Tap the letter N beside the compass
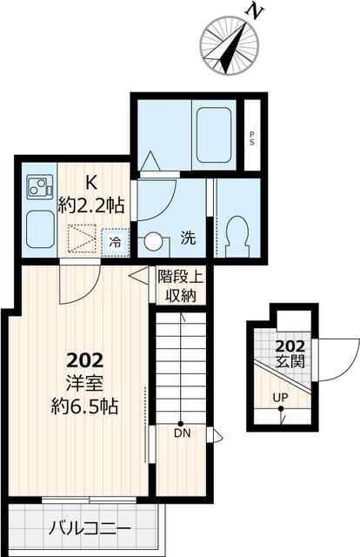pos(255,11)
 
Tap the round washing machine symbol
pos(155,243)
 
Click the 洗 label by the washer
pos(188,235)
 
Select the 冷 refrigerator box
pos(115,243)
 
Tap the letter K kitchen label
pos(90,184)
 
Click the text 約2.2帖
pos(90,207)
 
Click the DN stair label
pos(181,433)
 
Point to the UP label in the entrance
pos(281,399)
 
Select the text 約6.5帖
pos(84,406)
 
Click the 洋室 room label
pos(84,382)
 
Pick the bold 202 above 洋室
pos(84,359)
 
